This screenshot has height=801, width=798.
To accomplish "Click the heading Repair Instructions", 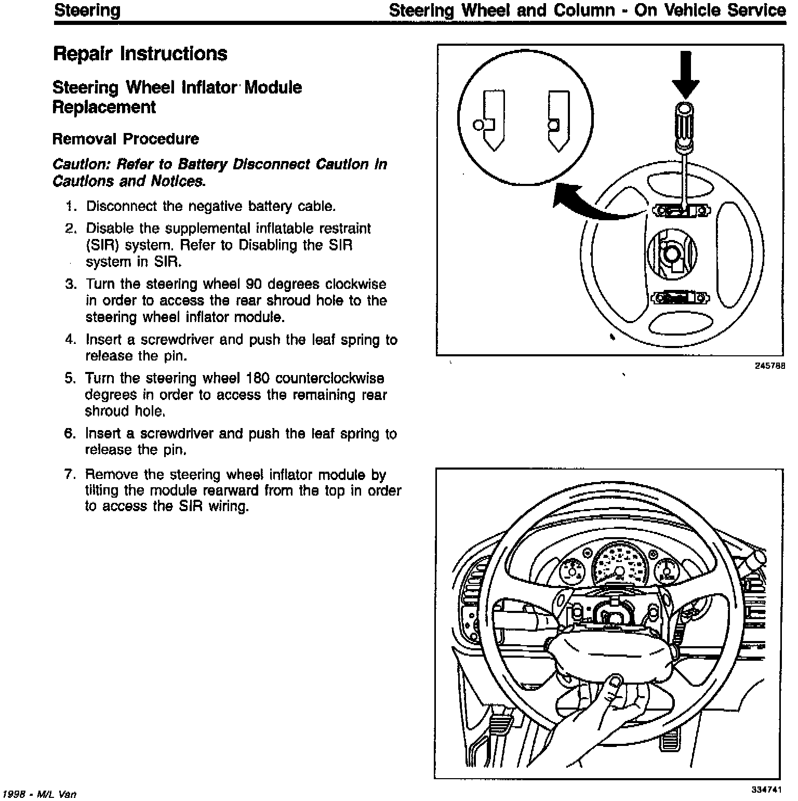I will click(x=140, y=54).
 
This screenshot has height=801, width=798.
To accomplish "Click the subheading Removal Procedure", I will click(x=126, y=139).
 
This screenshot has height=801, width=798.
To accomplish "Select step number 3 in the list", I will click(x=71, y=285).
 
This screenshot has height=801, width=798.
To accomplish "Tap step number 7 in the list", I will click(x=71, y=475).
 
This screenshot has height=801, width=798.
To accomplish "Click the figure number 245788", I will click(x=769, y=366).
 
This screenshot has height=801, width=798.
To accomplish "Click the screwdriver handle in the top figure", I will click(x=684, y=122).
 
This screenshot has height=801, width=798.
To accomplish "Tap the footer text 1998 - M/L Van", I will click(x=40, y=794).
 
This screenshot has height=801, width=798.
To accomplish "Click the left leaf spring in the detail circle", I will click(x=489, y=120).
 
